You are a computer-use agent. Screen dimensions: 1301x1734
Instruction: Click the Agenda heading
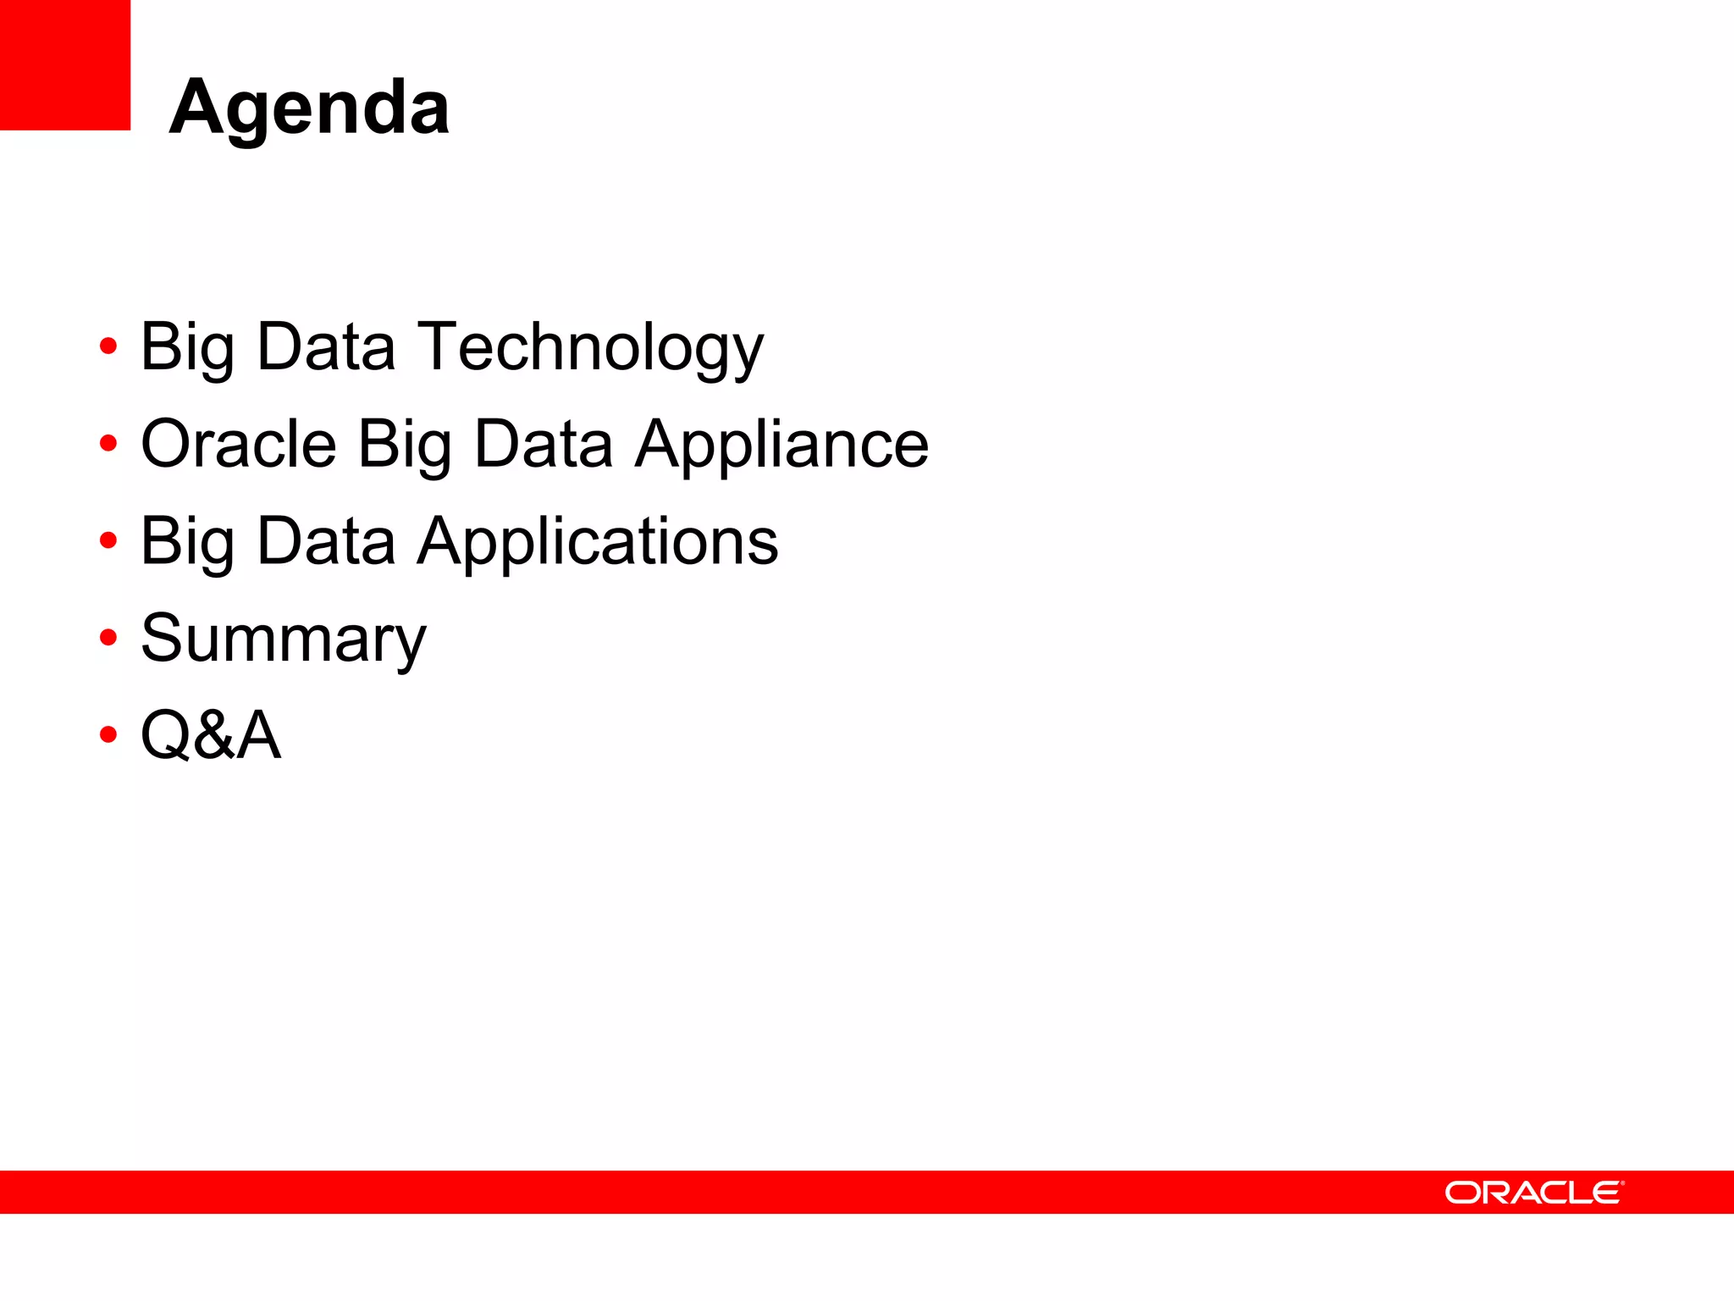click(x=309, y=108)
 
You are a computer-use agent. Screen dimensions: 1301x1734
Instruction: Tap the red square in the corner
click(x=65, y=65)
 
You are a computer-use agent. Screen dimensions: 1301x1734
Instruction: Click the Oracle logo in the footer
click(x=1533, y=1192)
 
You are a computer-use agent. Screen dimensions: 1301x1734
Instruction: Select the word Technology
click(x=591, y=347)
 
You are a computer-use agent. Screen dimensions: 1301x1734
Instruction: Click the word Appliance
click(x=781, y=445)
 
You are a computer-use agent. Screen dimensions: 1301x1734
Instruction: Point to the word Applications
click(x=598, y=541)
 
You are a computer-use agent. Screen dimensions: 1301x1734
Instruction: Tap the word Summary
click(x=284, y=639)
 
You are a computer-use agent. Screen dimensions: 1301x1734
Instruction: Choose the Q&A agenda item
click(x=210, y=735)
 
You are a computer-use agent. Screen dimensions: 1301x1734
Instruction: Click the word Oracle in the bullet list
click(x=239, y=445)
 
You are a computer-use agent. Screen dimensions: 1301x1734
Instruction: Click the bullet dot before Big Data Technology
click(x=108, y=346)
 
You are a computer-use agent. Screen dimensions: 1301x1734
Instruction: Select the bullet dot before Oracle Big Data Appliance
click(x=108, y=443)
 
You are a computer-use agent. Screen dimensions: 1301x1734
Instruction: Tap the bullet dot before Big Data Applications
click(x=108, y=540)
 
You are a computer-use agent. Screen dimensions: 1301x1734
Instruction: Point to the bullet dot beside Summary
click(x=108, y=637)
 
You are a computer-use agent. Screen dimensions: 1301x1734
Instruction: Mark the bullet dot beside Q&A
click(x=108, y=734)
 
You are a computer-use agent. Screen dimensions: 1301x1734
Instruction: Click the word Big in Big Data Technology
click(x=187, y=347)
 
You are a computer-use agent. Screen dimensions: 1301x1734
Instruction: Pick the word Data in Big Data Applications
click(x=326, y=541)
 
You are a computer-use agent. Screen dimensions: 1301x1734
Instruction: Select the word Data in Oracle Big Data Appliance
click(x=544, y=445)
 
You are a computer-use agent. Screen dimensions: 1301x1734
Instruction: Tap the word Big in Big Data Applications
click(x=187, y=541)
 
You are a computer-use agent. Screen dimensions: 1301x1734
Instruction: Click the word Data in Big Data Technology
click(x=326, y=347)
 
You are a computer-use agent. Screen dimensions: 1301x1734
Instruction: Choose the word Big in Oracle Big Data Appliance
click(x=405, y=445)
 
